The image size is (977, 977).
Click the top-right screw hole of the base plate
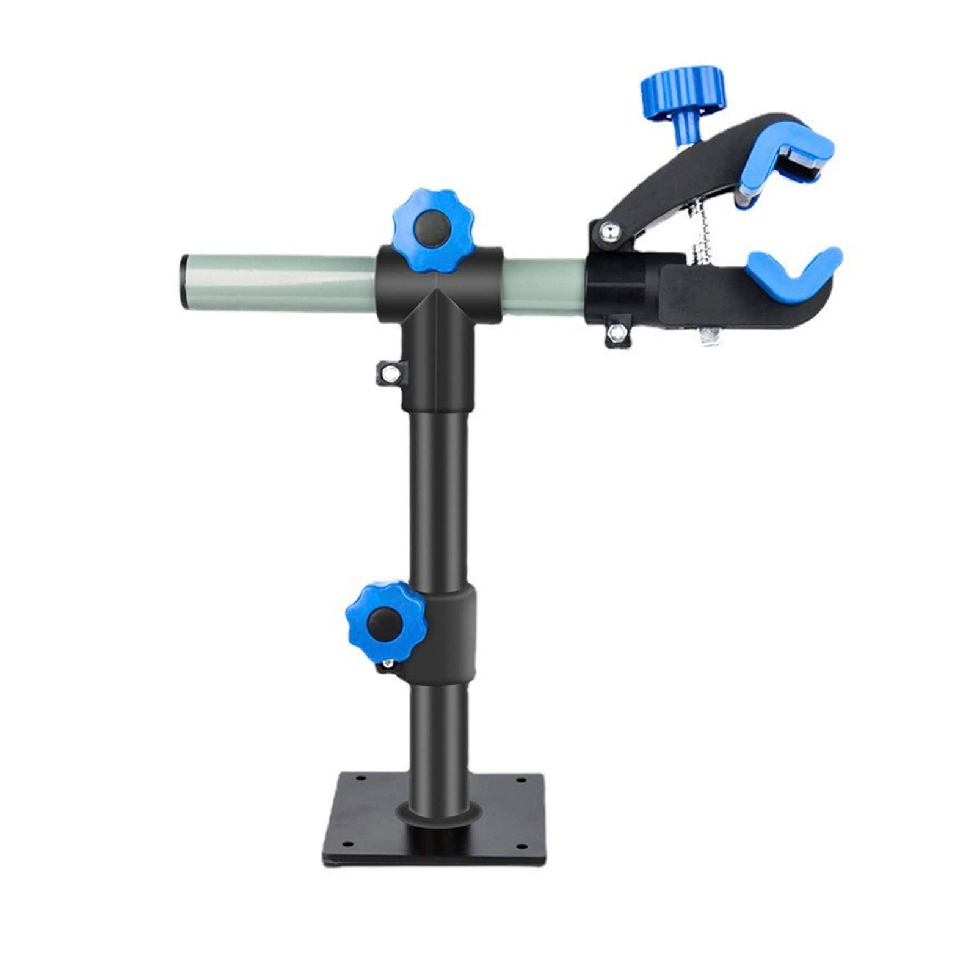click(x=521, y=780)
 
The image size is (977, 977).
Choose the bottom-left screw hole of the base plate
click(x=346, y=844)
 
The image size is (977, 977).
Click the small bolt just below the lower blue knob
click(x=387, y=664)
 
